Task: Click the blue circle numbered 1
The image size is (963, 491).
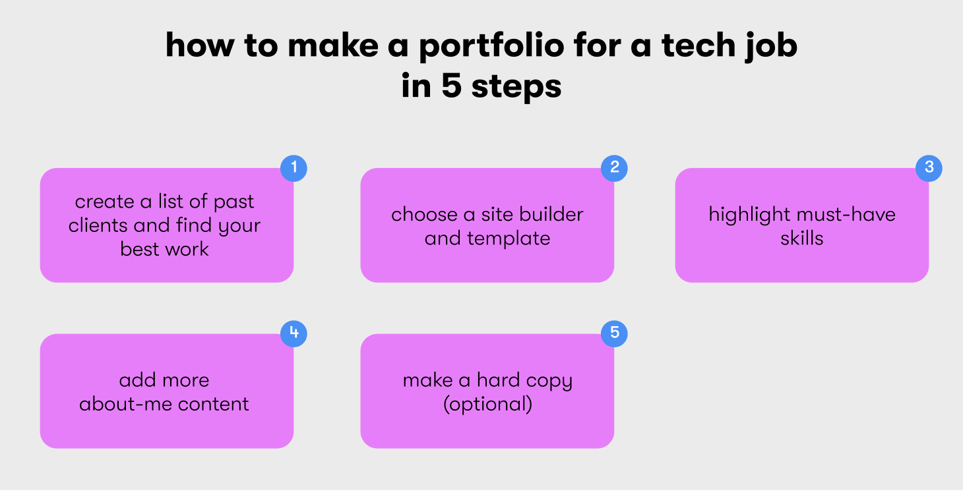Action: point(294,168)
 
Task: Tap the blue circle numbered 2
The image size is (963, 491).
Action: point(614,168)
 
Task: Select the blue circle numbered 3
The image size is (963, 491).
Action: point(929,168)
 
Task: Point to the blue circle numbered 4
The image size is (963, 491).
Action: point(294,333)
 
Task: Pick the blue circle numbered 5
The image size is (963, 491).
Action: point(614,333)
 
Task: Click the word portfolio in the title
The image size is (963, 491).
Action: point(491,46)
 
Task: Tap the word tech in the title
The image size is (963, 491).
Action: point(698,45)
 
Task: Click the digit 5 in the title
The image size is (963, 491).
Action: point(451,85)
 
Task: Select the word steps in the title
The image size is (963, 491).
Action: point(516,87)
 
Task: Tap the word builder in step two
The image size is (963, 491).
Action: point(551,214)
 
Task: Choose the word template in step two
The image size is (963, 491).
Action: point(509,239)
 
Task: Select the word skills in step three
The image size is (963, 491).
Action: point(802,239)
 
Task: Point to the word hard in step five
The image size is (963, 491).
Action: point(495,380)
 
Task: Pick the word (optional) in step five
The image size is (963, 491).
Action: point(487,405)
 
